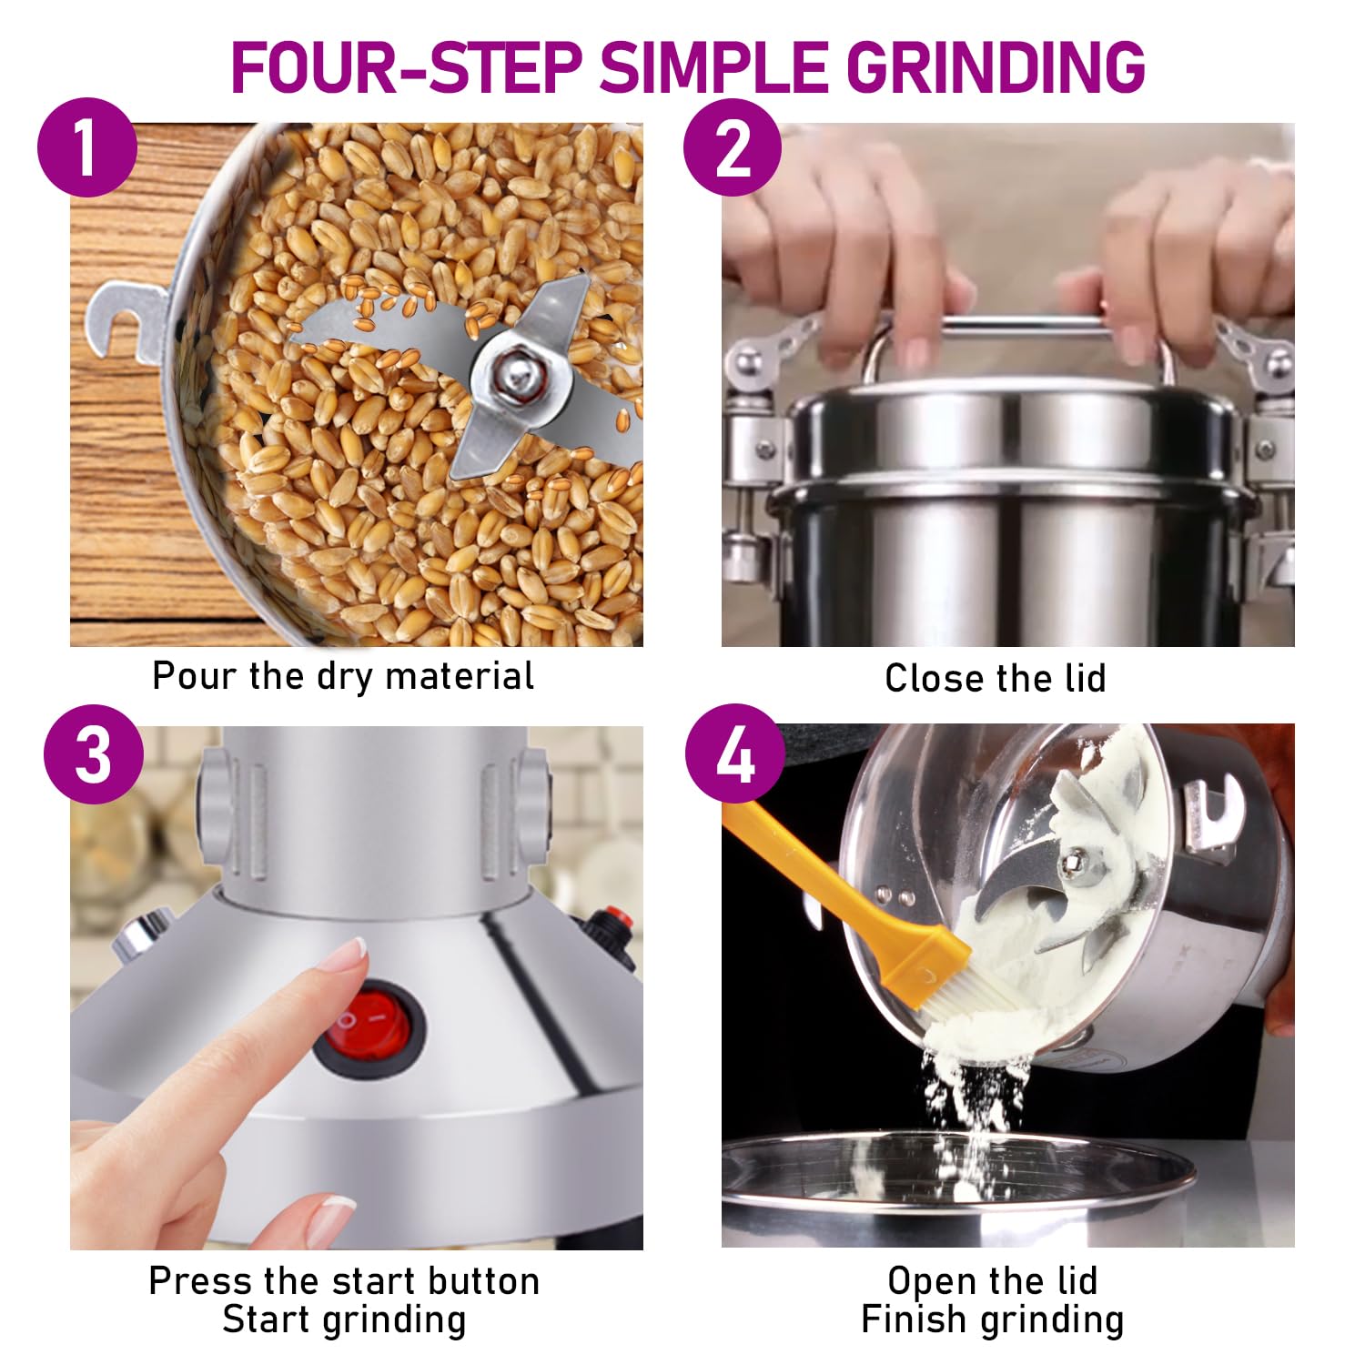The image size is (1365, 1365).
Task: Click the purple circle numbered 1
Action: [87, 147]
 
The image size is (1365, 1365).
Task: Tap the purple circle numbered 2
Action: [733, 147]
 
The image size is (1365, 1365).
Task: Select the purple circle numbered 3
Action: [94, 753]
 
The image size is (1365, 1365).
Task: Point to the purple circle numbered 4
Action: [734, 753]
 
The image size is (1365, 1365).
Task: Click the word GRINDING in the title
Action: [996, 66]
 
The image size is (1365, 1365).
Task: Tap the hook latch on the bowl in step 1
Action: [127, 318]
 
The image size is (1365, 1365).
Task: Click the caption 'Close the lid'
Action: [995, 679]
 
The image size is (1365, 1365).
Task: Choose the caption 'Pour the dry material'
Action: [343, 676]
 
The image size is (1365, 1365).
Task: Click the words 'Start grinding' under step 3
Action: [344, 1319]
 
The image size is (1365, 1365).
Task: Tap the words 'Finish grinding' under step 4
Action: [992, 1319]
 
